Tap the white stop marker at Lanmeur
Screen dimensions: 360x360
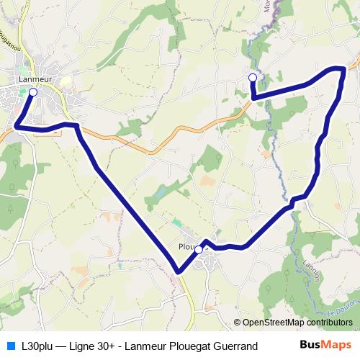point(32,92)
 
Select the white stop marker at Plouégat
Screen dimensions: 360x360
point(198,249)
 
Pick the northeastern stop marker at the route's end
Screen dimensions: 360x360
point(252,78)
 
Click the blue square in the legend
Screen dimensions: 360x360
point(10,346)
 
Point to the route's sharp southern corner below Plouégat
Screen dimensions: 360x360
point(177,271)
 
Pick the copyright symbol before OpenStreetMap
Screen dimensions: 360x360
point(237,323)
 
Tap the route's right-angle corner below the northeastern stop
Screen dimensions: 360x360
point(253,95)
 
